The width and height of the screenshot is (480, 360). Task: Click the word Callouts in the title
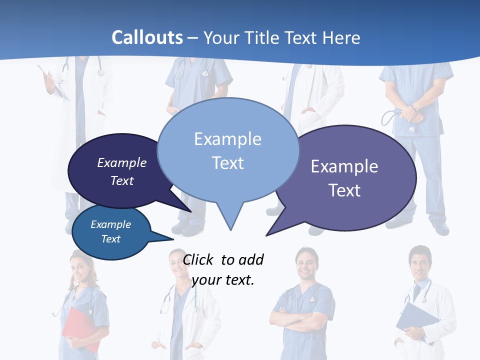pos(147,37)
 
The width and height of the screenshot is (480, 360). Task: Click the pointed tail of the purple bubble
pos(268,234)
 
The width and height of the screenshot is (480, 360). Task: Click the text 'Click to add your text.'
pos(223,269)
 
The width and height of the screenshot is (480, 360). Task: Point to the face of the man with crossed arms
pos(306,263)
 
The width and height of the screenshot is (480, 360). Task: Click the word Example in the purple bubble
pos(344,166)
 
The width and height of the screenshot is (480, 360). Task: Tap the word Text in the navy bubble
pos(122,180)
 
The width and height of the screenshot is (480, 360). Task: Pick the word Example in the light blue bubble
pos(227,139)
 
